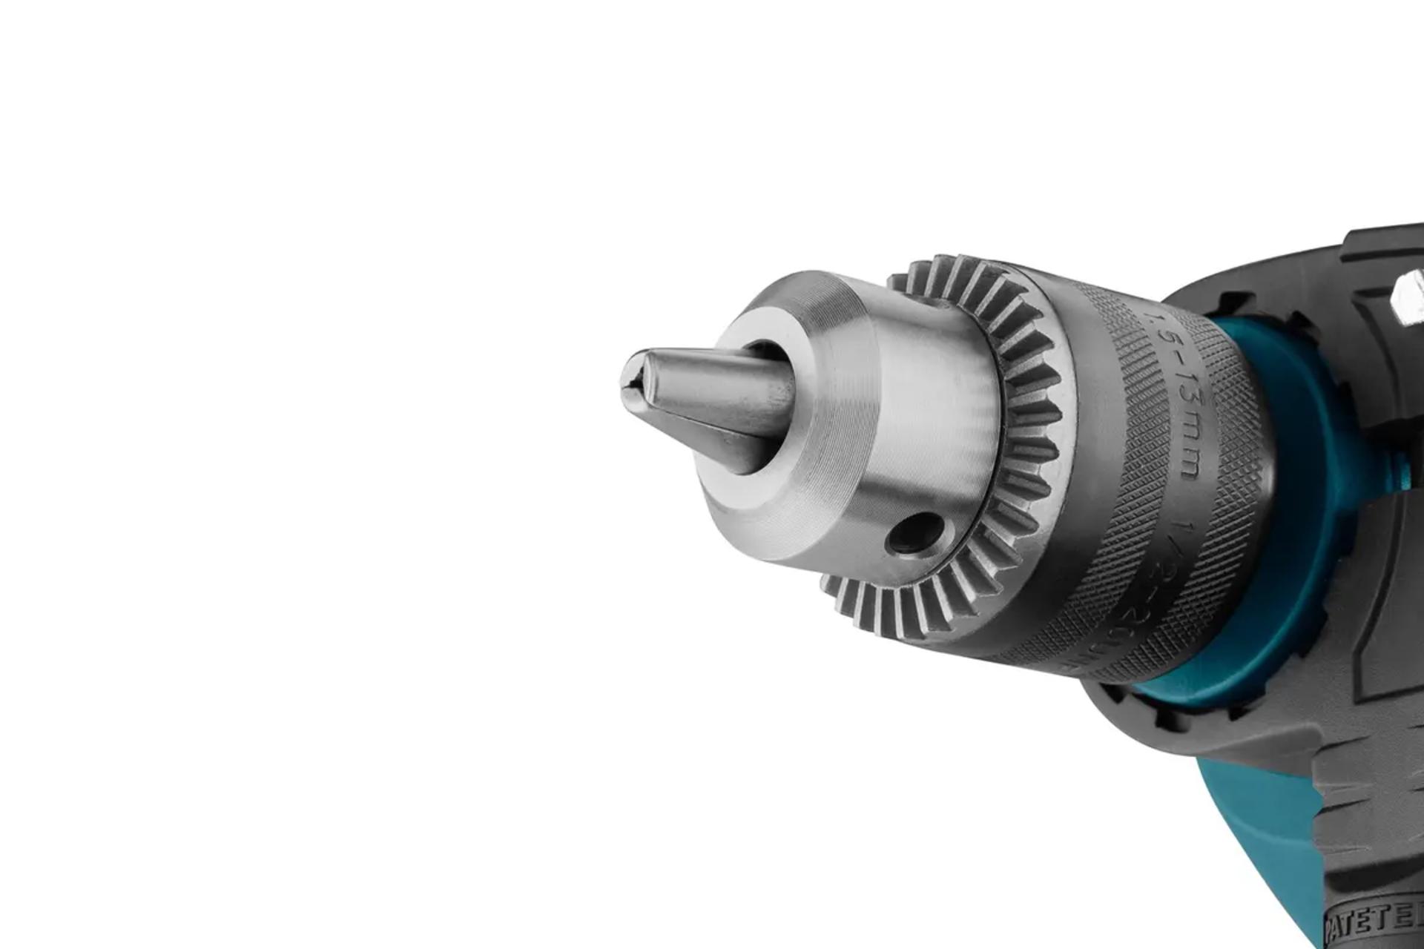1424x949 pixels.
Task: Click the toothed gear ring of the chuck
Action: [x=1031, y=415]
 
